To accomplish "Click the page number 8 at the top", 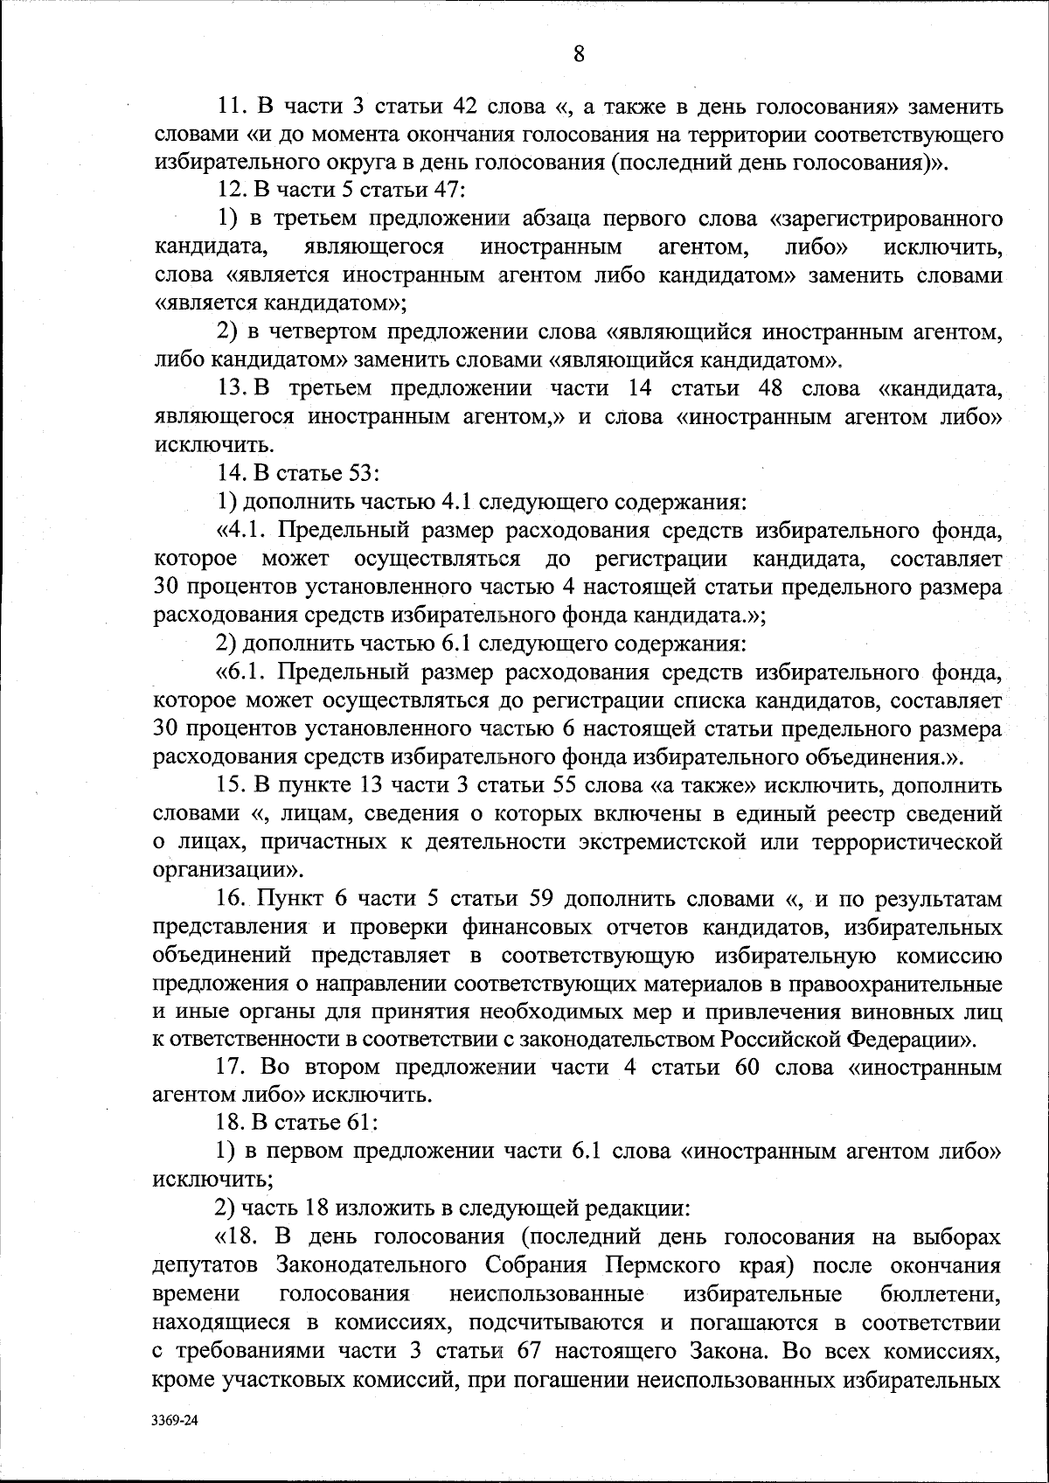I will [x=579, y=54].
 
